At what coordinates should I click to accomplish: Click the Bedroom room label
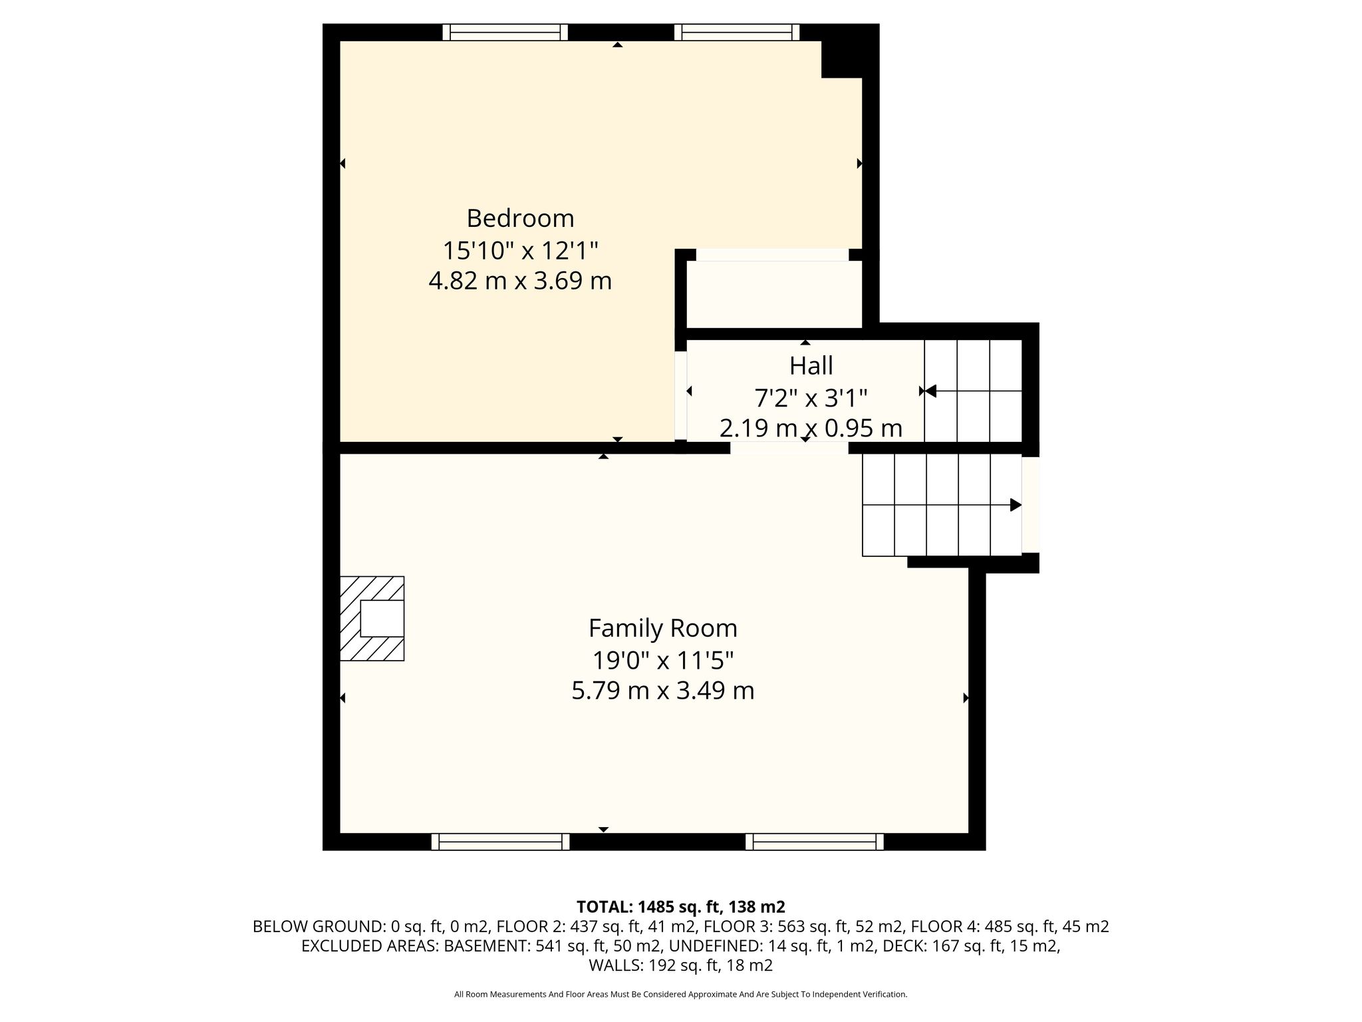pyautogui.click(x=520, y=218)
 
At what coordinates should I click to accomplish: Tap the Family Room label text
pyautogui.click(x=663, y=628)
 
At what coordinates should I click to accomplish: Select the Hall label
pyautogui.click(x=811, y=365)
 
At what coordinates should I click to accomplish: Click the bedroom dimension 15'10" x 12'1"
pyautogui.click(x=520, y=251)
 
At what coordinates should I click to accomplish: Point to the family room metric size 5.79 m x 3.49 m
pyautogui.click(x=663, y=691)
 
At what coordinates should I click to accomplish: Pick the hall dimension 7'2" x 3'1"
pyautogui.click(x=811, y=398)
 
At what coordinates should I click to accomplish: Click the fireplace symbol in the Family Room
pyautogui.click(x=372, y=618)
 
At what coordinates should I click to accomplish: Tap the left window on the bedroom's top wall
pyautogui.click(x=505, y=33)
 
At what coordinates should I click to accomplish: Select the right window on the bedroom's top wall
pyautogui.click(x=737, y=33)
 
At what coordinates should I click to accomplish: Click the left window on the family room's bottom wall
pyautogui.click(x=501, y=842)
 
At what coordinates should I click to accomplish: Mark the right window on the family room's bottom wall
pyautogui.click(x=815, y=842)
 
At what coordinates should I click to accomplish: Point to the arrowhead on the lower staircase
pyautogui.click(x=1016, y=505)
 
